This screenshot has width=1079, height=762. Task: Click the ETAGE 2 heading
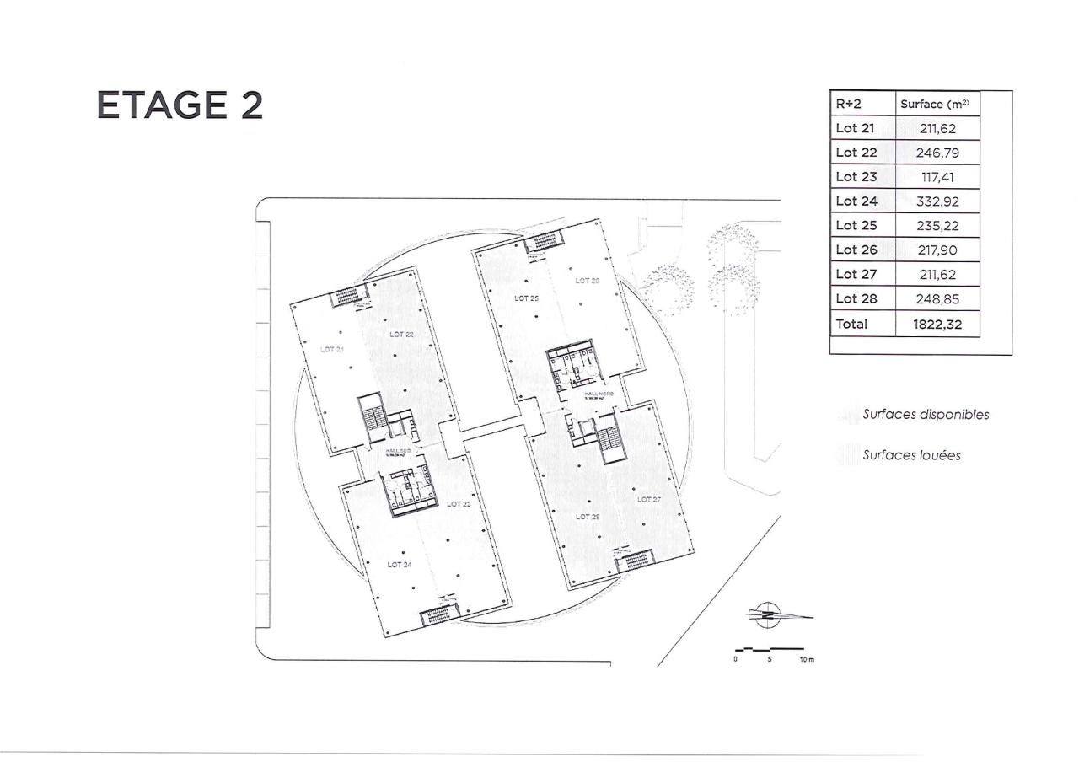pos(180,105)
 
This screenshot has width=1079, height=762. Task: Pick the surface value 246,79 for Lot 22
pos(937,153)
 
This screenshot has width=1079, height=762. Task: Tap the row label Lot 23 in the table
pos(856,177)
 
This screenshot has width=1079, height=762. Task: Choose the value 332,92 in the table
pos(937,201)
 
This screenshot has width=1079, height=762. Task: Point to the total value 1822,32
pos(937,324)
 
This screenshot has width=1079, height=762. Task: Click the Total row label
pos(851,324)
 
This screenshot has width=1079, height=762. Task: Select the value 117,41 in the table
pos(937,177)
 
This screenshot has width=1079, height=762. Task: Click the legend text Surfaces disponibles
pos(925,415)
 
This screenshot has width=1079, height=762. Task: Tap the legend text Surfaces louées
pos(910,455)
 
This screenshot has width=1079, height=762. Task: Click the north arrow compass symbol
pos(768,614)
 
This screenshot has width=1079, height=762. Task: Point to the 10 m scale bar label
pos(806,658)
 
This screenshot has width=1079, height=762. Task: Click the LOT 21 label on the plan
pos(331,348)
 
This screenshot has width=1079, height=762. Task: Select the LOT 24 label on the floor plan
pos(399,565)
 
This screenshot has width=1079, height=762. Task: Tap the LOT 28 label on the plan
pos(587,516)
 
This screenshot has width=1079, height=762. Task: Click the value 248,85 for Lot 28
pos(937,299)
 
